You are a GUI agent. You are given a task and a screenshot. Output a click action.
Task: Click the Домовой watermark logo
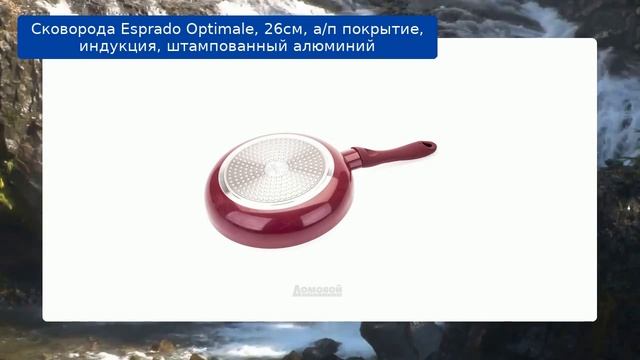[x=317, y=290]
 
